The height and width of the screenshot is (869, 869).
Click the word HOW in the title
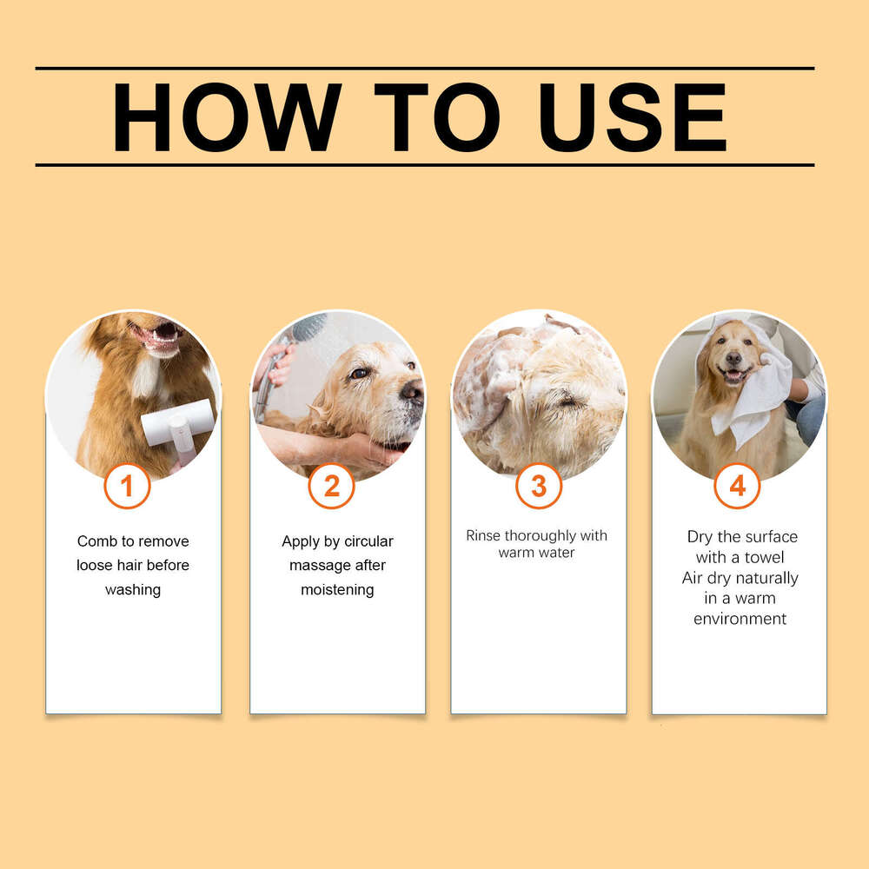[x=227, y=117]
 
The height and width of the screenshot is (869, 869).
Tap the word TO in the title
[x=436, y=117]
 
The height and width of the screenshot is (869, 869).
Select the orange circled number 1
[x=127, y=487]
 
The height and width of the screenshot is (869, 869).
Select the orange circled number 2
[x=331, y=487]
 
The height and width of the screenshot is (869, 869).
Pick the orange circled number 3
[x=538, y=487]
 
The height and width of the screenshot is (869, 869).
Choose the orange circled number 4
[x=737, y=487]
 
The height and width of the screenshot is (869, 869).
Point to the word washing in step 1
[x=133, y=590]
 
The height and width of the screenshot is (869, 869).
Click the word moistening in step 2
[x=337, y=590]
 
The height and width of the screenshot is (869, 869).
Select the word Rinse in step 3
[x=483, y=535]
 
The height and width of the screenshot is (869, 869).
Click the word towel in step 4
[x=765, y=557]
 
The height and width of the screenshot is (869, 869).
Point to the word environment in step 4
[x=740, y=619]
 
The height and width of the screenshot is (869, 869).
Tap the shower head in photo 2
[x=308, y=328]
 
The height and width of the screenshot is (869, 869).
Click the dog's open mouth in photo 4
[x=734, y=375]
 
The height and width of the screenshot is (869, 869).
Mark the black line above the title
[x=424, y=68]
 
